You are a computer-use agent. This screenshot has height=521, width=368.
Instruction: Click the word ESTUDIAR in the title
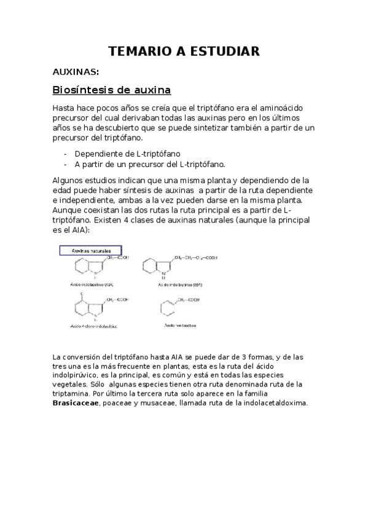pos(224,51)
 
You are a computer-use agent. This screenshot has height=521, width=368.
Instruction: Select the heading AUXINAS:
pos(76,72)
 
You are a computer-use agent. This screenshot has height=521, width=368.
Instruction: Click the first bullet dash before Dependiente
pos(66,154)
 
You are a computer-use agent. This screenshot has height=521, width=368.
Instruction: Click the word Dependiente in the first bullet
pos(100,154)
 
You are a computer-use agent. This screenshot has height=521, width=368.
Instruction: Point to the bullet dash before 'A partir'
pos(66,164)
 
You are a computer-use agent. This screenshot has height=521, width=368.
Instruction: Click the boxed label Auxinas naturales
pos(90,251)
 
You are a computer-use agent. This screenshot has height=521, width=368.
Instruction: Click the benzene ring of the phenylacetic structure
pos(167,307)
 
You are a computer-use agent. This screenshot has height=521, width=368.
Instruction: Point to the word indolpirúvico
pos(77,375)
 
